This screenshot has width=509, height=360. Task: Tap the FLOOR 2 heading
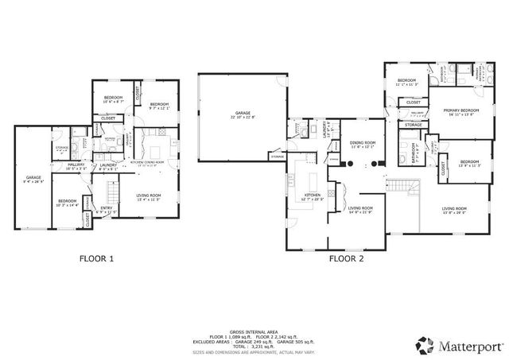tap(347, 258)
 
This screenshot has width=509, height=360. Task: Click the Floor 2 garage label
tap(243, 115)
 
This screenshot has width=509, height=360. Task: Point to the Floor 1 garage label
tap(33, 179)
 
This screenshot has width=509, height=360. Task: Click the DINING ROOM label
tap(362, 145)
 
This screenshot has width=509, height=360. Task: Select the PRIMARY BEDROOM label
tap(454, 112)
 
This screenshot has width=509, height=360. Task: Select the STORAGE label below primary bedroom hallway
tap(414, 125)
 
